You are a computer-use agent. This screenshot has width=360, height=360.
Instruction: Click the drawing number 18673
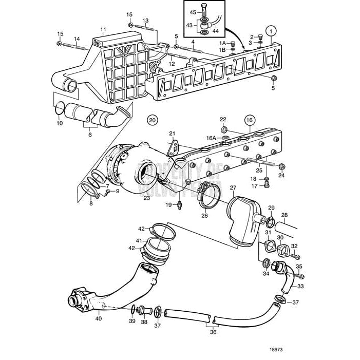(276, 349)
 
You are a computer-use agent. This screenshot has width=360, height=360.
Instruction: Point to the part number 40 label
(98, 319)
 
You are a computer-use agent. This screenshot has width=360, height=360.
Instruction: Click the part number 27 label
(233, 188)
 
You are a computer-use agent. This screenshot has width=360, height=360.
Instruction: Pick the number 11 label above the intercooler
(103, 29)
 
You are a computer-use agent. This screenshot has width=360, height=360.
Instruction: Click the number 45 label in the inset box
(193, 12)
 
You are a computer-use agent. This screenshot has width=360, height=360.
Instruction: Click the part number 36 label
(213, 332)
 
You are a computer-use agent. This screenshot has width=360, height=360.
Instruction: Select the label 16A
(211, 138)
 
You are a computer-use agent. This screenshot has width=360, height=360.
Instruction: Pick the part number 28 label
(284, 215)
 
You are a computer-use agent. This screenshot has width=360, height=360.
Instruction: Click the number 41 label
(139, 240)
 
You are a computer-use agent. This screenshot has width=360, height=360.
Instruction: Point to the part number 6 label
(90, 134)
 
